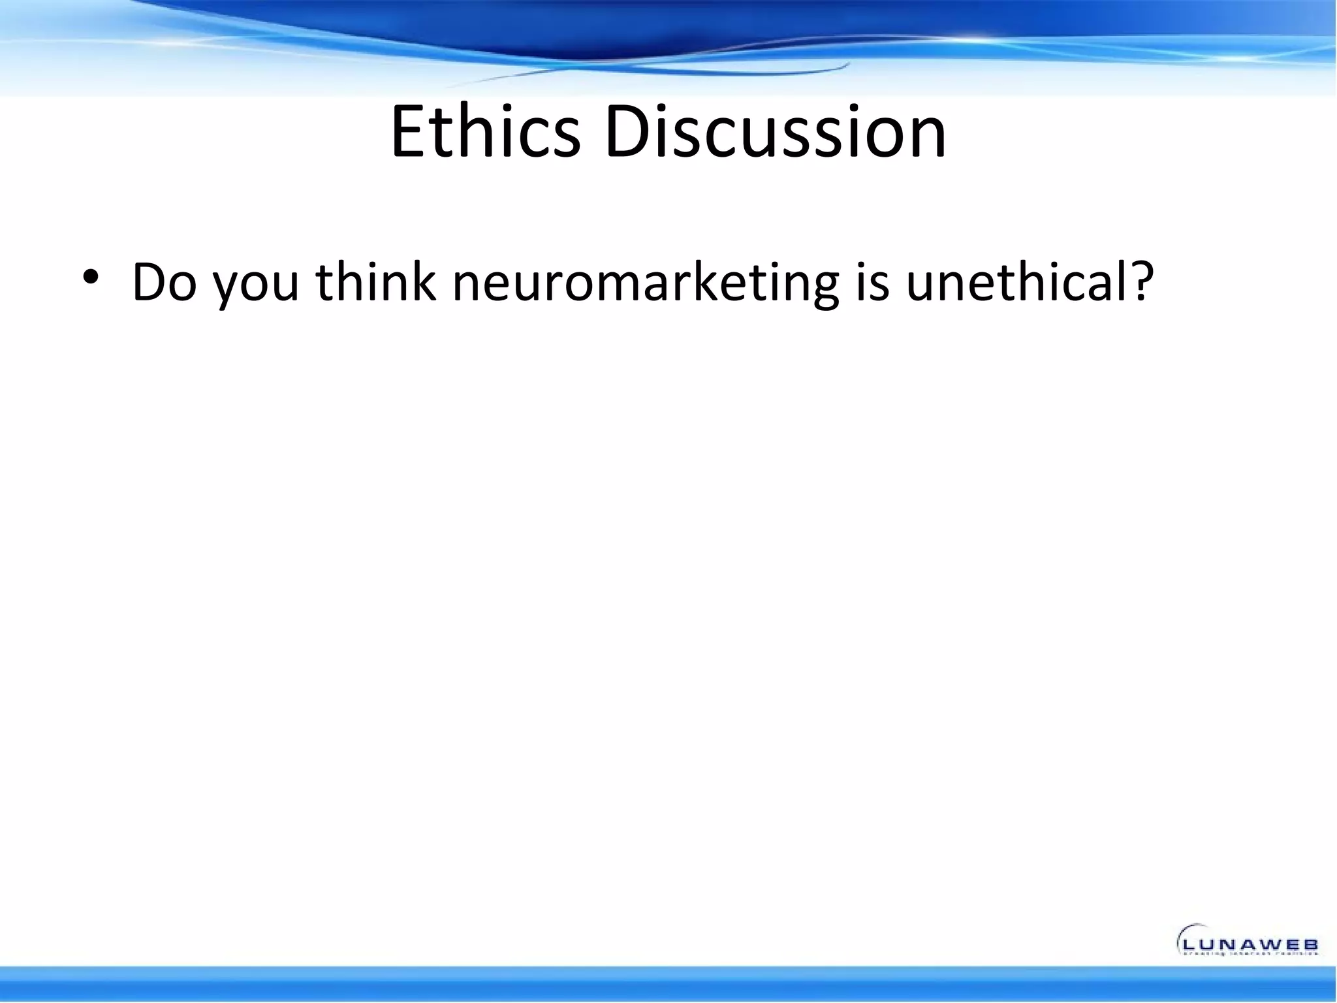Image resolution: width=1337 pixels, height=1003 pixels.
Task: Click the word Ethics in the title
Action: (x=485, y=133)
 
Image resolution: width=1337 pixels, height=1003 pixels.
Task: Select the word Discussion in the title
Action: (x=775, y=133)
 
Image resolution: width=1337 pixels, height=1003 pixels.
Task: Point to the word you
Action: (x=257, y=287)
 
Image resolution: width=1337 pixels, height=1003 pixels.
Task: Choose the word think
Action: (x=375, y=282)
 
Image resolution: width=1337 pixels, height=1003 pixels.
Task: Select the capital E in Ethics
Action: (x=410, y=133)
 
